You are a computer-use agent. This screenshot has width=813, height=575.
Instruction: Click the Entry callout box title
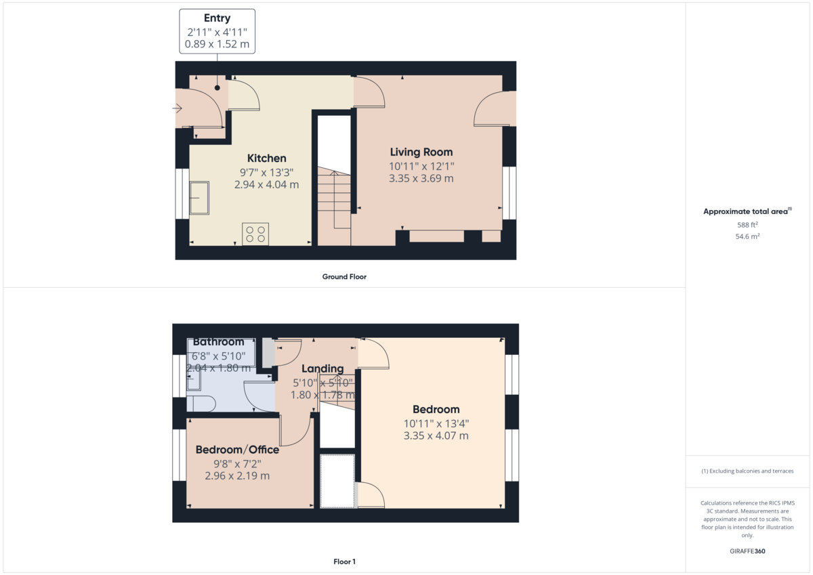click(x=217, y=18)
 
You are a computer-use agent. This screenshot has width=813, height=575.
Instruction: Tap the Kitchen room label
click(x=267, y=158)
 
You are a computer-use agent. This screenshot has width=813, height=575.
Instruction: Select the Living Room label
click(x=421, y=152)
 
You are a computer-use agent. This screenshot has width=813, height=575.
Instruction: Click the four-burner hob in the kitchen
click(x=255, y=234)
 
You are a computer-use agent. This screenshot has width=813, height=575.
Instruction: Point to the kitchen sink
click(x=199, y=198)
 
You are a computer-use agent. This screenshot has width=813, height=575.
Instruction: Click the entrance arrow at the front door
click(x=177, y=108)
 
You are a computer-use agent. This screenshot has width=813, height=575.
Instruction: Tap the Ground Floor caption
click(x=344, y=277)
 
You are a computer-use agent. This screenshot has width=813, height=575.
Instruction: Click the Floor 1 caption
click(x=344, y=561)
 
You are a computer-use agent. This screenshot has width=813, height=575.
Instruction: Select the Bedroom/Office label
click(x=237, y=450)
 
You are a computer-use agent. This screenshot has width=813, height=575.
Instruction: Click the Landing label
click(x=322, y=368)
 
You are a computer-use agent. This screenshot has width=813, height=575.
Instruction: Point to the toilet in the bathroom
click(x=201, y=404)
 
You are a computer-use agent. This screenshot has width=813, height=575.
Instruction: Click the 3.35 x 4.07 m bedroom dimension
click(x=436, y=435)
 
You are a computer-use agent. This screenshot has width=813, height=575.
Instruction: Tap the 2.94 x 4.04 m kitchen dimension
click(x=267, y=185)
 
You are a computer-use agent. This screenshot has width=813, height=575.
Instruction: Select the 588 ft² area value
click(x=747, y=225)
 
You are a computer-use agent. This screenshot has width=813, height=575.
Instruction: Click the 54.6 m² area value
click(x=747, y=236)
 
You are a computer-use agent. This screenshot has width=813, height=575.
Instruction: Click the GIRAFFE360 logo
click(x=747, y=551)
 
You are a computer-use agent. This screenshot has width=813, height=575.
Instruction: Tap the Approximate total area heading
click(x=747, y=211)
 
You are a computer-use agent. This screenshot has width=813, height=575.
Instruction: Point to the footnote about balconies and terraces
click(x=747, y=471)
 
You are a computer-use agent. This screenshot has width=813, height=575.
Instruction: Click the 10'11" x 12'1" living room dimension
click(x=421, y=167)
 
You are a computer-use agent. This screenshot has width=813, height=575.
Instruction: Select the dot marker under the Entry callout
click(x=217, y=88)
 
